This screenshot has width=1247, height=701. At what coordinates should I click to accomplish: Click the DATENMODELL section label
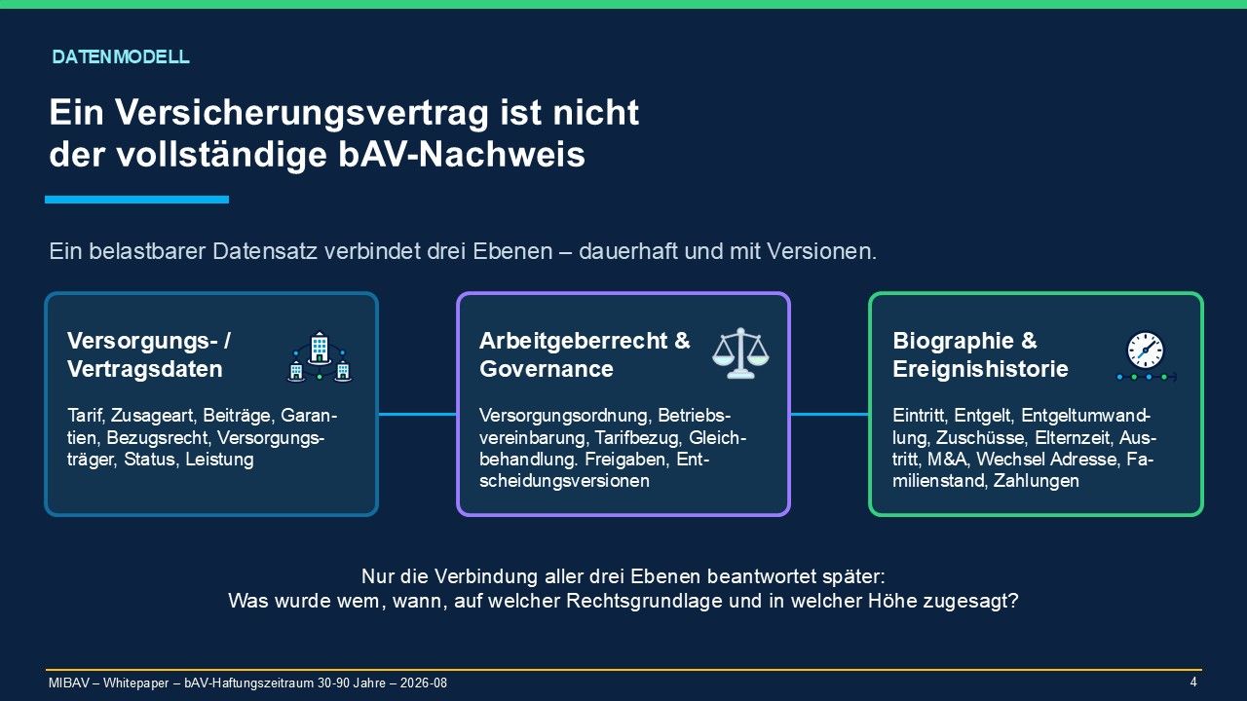pos(120,56)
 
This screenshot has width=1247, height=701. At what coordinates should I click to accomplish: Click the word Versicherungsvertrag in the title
pos(302,113)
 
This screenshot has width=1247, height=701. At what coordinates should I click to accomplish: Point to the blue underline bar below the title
pos(137,200)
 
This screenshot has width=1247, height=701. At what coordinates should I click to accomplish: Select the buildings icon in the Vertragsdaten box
pos(320,356)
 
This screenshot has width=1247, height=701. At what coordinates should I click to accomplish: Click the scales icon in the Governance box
pos(740,353)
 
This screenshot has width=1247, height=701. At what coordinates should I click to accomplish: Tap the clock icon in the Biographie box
pos(1147,356)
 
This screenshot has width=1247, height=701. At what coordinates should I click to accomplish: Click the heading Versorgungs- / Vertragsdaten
pos(149,355)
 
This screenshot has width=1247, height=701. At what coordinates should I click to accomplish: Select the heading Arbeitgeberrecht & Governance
pos(585,355)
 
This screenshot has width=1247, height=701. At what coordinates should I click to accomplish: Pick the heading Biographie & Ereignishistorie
pos(980,355)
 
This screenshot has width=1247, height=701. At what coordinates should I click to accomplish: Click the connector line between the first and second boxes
pos(418,414)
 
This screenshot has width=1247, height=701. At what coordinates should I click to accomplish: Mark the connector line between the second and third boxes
pos(829,414)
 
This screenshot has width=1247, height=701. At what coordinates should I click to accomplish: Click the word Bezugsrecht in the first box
pos(158,438)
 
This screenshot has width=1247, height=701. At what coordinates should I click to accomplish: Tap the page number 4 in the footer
pos(1193,683)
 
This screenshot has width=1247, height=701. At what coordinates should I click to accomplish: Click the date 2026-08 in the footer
pos(423,683)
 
